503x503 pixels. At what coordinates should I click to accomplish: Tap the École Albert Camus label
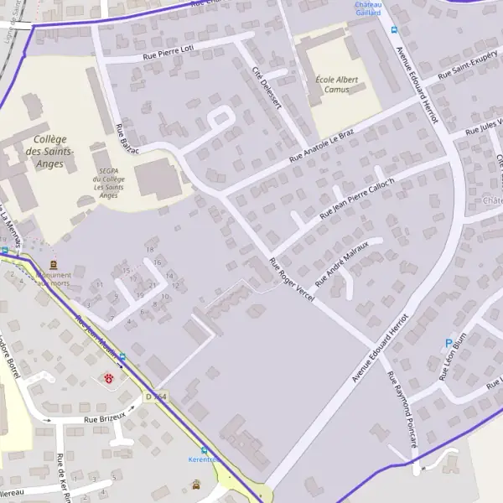click(x=330, y=84)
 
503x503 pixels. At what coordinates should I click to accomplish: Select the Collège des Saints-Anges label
click(x=49, y=152)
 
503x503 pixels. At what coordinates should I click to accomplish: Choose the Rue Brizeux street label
click(x=103, y=417)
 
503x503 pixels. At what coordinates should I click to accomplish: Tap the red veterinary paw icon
click(x=109, y=379)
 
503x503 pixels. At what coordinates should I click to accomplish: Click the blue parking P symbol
click(x=449, y=343)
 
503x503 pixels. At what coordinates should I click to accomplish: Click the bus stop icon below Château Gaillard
click(x=394, y=29)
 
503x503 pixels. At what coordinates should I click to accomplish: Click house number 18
click(x=149, y=249)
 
